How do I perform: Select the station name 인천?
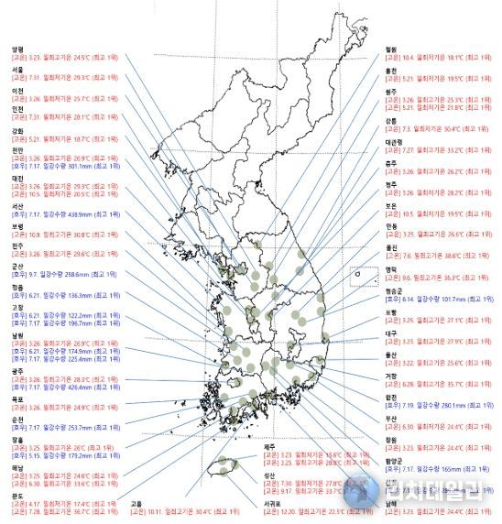pyautogui.click(x=16, y=109)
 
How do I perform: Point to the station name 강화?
pyautogui.click(x=16, y=130)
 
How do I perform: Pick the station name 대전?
pyautogui.click(x=16, y=179)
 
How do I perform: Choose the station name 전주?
pyautogui.click(x=16, y=246)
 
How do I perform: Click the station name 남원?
pyautogui.click(x=16, y=335)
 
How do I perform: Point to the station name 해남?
pyautogui.click(x=16, y=467)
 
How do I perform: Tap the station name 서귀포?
pyautogui.click(x=272, y=503)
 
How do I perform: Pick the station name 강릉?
pyautogui.click(x=391, y=120)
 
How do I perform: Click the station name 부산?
pyautogui.click(x=392, y=418)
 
